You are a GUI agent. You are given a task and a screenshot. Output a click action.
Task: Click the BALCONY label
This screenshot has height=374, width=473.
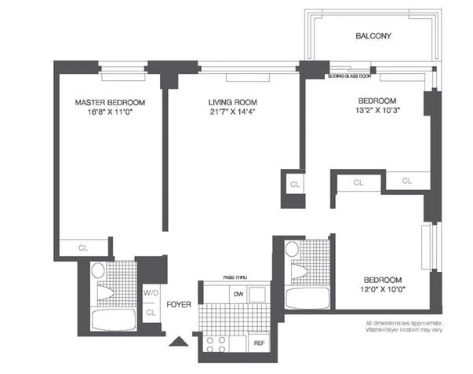[373, 36]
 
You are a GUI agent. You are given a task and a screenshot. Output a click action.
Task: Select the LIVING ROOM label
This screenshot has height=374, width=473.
[231, 102]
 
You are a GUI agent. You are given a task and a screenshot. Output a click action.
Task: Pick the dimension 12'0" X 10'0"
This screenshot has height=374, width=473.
[383, 290]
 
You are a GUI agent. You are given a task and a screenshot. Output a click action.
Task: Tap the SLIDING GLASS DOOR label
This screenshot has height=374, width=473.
[350, 77]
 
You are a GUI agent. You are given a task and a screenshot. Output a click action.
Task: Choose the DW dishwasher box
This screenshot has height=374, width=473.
[236, 294]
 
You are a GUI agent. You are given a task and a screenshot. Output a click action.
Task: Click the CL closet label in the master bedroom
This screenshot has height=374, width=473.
[82, 248]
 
